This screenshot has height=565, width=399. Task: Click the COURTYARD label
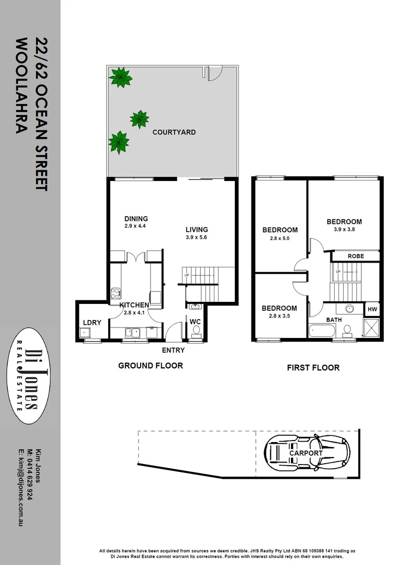coord(174,132)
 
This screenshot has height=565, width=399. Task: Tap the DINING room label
coord(136,219)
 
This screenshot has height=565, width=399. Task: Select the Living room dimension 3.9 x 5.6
coord(197,238)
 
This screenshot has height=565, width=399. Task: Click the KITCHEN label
coord(134,305)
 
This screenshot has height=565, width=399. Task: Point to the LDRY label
coord(92,323)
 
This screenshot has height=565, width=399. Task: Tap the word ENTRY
coord(173,350)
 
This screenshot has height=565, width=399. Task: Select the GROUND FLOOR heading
coord(151,365)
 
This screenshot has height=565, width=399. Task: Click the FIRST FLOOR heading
coord(313,368)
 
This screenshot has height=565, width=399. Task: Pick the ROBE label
coord(356,256)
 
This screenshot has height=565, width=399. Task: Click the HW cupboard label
coord(372,309)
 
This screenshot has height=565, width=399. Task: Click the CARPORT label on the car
coord(306,453)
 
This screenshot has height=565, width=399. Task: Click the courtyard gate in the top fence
coord(213,73)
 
